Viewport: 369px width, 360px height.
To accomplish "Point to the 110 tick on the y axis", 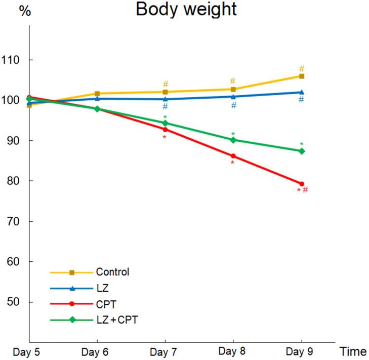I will coord(15,60).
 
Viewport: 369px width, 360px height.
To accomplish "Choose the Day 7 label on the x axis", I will coord(165,351).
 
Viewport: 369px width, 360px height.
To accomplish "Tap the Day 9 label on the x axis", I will coord(301,351).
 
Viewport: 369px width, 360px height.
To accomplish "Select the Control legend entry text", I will coord(113,272).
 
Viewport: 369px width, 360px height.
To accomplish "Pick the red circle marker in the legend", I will coord(72,304).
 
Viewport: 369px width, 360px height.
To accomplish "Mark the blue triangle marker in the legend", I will coord(72,288).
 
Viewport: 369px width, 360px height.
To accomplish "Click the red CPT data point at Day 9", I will coord(302,184).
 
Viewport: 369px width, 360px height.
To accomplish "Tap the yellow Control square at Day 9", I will coord(302,76).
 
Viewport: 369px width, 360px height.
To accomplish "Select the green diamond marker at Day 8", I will coord(233,140).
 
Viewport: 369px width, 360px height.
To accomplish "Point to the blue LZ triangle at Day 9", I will coord(302,92).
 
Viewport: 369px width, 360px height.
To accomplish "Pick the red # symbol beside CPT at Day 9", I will coord(305,190).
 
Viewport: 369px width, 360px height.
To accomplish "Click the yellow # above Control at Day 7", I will coord(166,84).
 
